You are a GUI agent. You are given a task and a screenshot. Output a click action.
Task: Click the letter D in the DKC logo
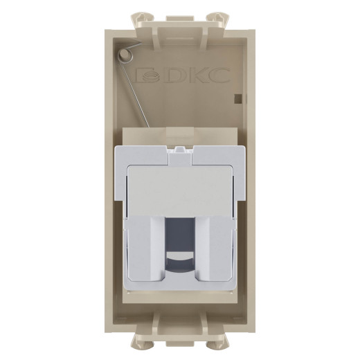174,75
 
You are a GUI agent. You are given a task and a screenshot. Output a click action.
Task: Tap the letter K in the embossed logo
196,75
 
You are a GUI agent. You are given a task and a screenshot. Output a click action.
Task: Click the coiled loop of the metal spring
125,55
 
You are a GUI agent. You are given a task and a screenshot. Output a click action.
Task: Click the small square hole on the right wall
237,98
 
